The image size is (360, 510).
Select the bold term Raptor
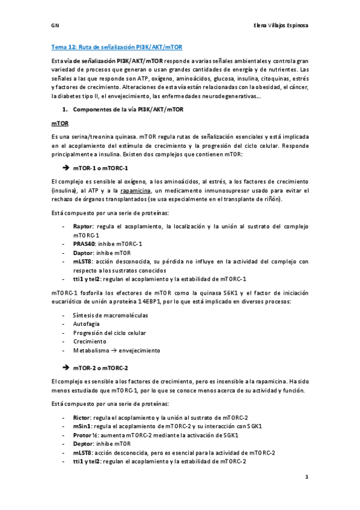pos(83,227)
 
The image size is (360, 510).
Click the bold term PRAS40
pos(85,244)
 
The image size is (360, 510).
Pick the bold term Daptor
pos(83,253)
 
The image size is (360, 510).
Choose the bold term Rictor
pos(82,417)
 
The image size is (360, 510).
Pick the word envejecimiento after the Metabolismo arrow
pos(140,350)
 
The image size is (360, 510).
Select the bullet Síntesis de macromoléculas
pos(110,315)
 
